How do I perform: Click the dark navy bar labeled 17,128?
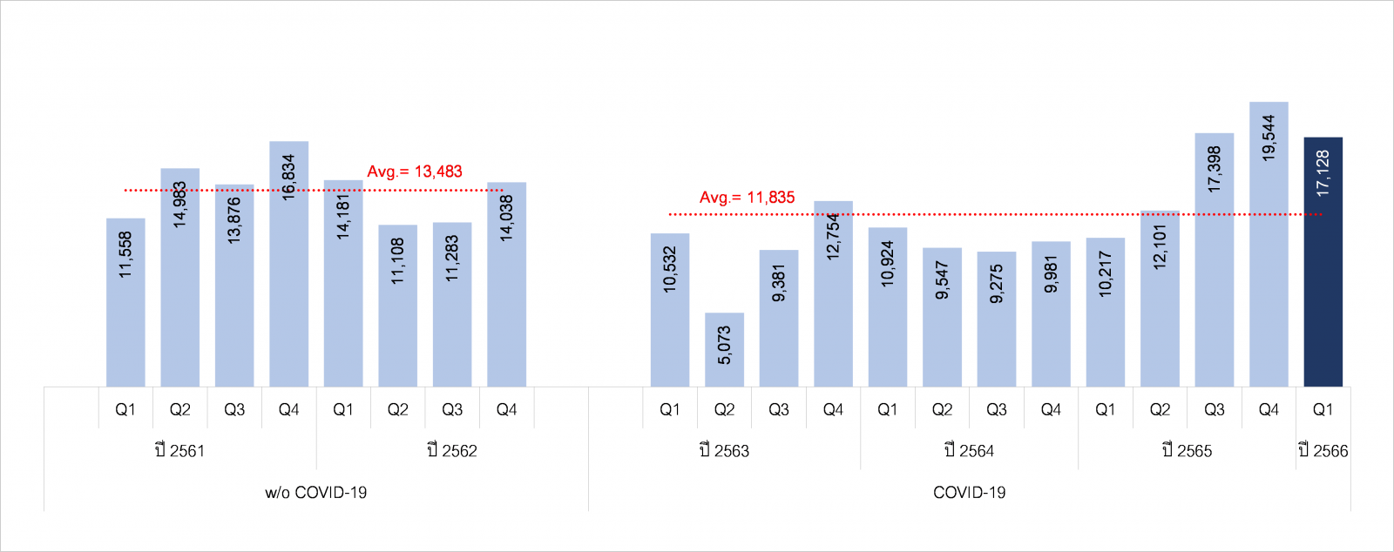tap(1323, 261)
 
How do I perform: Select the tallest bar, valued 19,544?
tap(1269, 244)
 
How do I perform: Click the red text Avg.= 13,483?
tap(415, 172)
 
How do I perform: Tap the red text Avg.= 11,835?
tap(748, 198)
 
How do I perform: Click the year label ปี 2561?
tap(179, 450)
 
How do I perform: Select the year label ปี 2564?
tap(969, 450)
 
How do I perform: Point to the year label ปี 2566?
tap(1323, 450)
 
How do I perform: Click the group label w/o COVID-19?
tap(316, 493)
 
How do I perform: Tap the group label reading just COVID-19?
tap(969, 493)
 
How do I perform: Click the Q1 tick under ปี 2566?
tap(1323, 409)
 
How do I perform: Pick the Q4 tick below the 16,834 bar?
tap(288, 409)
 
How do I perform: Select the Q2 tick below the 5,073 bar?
tap(724, 409)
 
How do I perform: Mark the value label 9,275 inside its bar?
tap(997, 284)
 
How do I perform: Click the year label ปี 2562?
tap(452, 450)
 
